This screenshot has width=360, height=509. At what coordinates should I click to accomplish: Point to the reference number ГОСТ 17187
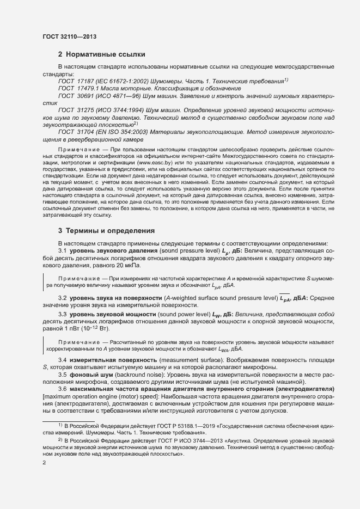coord(77,81)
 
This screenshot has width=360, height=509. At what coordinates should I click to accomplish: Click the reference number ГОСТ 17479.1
coord(80,88)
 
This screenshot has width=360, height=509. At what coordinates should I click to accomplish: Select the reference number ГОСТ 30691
coord(77,95)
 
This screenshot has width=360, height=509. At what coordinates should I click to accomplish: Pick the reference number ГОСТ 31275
coord(77,110)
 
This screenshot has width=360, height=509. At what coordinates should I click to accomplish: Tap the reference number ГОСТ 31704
coord(77,132)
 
